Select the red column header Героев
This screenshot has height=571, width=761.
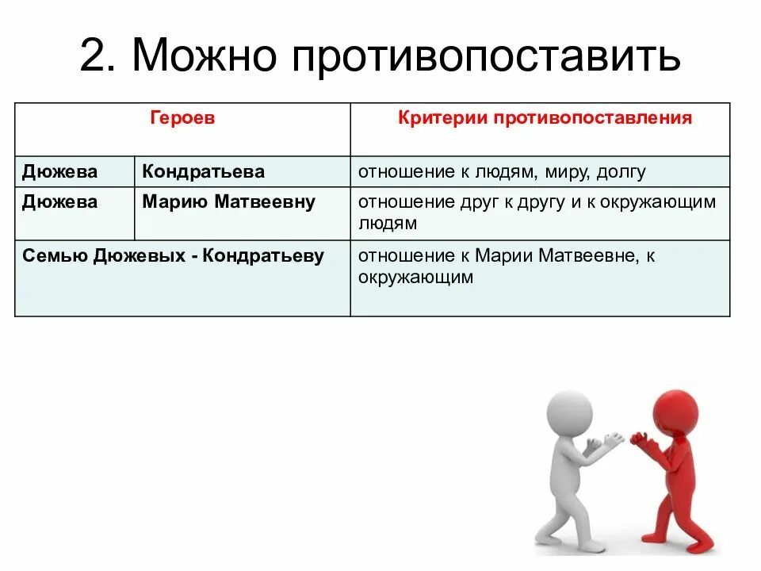182,118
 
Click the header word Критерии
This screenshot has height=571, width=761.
442,118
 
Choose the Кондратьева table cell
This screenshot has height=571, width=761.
204,171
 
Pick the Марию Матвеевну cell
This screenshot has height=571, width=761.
228,202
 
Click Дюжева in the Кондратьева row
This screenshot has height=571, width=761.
60,171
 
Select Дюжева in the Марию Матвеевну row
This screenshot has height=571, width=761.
60,202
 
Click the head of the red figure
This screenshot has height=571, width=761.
676,411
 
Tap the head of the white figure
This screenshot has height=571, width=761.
568,412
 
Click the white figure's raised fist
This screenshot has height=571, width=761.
613,439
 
